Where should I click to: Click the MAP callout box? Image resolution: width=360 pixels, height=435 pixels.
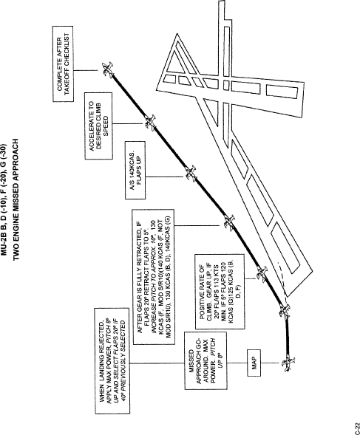pyautogui.click(x=254, y=363)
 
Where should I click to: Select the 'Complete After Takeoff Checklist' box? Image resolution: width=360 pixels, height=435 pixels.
pyautogui.click(x=63, y=64)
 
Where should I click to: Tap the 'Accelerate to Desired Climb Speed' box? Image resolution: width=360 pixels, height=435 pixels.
pyautogui.click(x=98, y=126)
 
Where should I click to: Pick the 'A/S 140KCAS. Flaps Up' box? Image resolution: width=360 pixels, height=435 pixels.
pyautogui.click(x=135, y=170)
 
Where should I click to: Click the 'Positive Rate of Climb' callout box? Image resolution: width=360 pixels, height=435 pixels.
pyautogui.click(x=220, y=291)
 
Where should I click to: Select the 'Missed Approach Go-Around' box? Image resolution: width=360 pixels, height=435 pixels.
pyautogui.click(x=206, y=360)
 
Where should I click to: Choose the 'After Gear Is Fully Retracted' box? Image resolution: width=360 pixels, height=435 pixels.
pyautogui.click(x=154, y=277)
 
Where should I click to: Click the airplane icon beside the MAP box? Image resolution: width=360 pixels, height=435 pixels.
pyautogui.click(x=288, y=363)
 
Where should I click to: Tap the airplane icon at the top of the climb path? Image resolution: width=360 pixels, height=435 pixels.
pyautogui.click(x=107, y=69)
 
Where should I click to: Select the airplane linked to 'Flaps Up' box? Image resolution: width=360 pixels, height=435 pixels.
pyautogui.click(x=191, y=174)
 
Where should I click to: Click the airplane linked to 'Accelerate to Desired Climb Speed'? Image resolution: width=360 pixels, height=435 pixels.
pyautogui.click(x=150, y=123)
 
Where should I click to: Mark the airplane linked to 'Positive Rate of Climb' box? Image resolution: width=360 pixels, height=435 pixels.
pyautogui.click(x=262, y=274)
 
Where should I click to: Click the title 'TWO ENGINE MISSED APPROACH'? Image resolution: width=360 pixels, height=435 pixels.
pyautogui.click(x=16, y=199)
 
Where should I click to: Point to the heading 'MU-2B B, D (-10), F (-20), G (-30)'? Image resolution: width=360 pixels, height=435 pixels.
pyautogui.click(x=4, y=199)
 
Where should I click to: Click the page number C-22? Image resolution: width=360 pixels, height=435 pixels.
pyautogui.click(x=357, y=428)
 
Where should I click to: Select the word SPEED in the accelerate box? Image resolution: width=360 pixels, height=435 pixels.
pyautogui.click(x=106, y=126)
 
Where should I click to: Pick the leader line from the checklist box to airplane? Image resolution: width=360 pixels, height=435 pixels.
pyautogui.click(x=86, y=70)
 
